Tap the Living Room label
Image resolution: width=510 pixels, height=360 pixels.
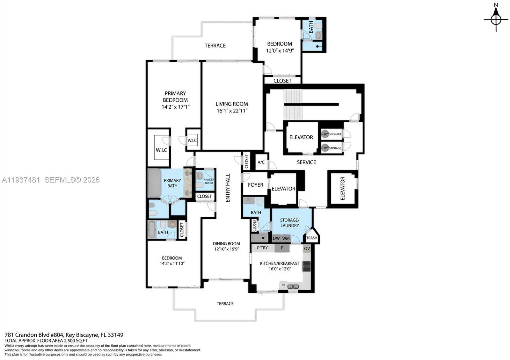click(232, 104)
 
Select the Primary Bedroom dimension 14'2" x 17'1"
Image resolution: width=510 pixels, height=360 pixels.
click(176, 107)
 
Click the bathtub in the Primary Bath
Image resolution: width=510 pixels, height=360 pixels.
click(154, 183)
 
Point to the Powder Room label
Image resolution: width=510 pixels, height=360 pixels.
click(209, 181)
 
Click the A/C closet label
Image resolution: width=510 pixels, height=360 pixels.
click(261, 162)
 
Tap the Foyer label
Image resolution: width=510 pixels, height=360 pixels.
click(255, 185)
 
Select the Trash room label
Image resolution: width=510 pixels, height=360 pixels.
click(312, 238)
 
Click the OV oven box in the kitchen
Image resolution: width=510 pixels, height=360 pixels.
click(307, 248)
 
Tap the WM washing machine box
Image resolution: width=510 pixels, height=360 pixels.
click(286, 239)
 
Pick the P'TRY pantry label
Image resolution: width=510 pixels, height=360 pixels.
click(262, 248)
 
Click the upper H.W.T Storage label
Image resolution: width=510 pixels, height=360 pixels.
click(331, 134)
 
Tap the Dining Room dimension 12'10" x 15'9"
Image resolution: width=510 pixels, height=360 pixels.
click(226, 249)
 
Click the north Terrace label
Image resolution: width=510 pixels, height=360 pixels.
click(215, 46)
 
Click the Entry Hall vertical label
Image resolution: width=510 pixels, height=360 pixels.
click(228, 188)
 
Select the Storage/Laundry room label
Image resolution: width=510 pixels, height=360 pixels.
click(289, 223)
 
